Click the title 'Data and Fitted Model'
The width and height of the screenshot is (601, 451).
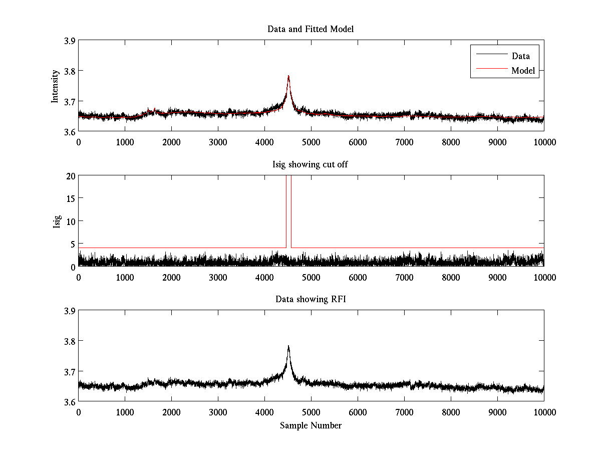[x=311, y=29]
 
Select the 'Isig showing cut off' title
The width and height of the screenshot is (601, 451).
[x=311, y=164]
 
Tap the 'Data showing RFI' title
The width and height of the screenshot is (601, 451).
[x=311, y=299]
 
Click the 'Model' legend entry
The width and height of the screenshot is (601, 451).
[x=523, y=71]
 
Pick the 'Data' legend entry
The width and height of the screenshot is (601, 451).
[x=520, y=56]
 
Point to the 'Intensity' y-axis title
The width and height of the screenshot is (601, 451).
[x=56, y=86]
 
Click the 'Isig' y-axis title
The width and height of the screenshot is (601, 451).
[x=57, y=221]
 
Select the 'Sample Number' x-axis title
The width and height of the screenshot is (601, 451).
[x=311, y=425]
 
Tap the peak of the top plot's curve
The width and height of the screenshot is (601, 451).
[x=288, y=76]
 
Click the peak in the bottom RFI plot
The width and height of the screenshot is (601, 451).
[x=288, y=346]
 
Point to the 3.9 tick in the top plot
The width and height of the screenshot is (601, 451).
[x=70, y=41]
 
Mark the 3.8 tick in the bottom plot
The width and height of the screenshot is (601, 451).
[x=70, y=341]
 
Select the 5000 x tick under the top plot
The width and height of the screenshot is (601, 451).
[x=311, y=142]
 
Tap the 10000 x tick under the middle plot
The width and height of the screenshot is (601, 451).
[x=543, y=277]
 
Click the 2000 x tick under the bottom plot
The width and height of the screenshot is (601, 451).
[x=171, y=412]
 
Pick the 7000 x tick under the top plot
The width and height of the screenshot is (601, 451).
[x=404, y=142]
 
